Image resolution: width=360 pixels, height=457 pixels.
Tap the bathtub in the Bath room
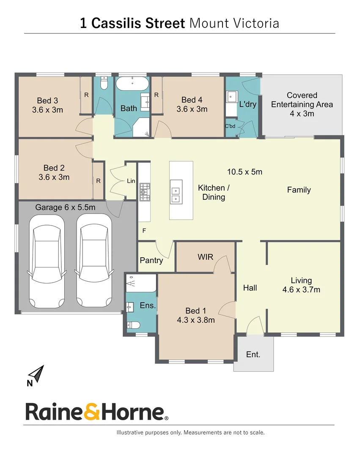[x=132, y=83]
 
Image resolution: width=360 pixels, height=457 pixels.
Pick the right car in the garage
[x=94, y=261]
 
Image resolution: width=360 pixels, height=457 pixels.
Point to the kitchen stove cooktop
[x=145, y=191]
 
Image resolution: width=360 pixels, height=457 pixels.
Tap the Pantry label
[x=151, y=260]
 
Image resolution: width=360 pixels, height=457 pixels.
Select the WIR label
[x=205, y=257]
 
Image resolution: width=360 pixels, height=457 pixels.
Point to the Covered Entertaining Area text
[x=302, y=104]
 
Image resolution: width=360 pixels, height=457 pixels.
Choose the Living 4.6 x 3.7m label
[x=301, y=285]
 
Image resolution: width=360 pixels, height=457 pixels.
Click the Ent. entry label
[x=253, y=355]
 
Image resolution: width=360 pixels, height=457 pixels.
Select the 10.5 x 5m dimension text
[x=245, y=172]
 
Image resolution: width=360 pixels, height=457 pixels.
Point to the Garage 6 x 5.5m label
[x=65, y=207]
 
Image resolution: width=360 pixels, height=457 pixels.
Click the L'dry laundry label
[x=247, y=104]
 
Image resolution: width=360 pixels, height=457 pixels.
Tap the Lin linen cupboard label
[x=131, y=181]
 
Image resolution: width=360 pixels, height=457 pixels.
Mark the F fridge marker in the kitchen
[x=144, y=231]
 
